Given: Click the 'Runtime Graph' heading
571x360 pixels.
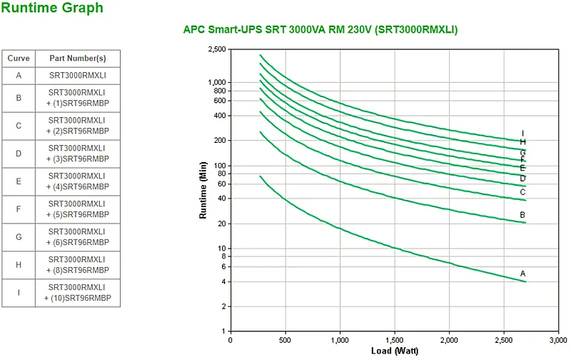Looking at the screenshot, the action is click(52, 8).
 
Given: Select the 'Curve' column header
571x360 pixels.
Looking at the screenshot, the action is click(19, 59).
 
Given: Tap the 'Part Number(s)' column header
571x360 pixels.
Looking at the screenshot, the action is click(78, 59).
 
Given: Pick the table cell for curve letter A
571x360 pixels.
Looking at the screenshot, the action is click(19, 76).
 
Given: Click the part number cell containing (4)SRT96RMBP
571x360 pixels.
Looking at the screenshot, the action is click(78, 181).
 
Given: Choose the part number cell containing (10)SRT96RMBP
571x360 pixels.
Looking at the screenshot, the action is click(78, 293).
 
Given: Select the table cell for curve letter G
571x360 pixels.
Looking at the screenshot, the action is click(19, 237).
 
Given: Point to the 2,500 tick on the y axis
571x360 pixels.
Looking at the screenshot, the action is click(217, 49).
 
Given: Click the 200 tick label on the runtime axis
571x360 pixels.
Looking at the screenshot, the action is click(220, 140).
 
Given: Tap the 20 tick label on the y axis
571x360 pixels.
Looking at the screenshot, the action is click(222, 224).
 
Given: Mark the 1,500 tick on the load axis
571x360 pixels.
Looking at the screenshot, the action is click(395, 340).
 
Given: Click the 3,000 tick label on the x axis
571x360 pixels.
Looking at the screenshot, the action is click(558, 340).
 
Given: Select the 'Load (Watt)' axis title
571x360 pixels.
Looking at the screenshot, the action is click(395, 351).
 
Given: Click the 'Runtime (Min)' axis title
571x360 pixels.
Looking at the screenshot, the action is click(203, 190).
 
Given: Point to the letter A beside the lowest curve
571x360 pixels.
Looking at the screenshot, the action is click(523, 274).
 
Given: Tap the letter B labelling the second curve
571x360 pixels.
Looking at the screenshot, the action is click(522, 215).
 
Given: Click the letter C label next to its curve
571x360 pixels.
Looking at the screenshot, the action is click(523, 192).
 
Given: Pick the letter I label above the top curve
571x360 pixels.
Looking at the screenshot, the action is click(523, 134).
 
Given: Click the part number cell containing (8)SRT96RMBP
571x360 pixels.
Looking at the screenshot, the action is click(78, 265).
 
